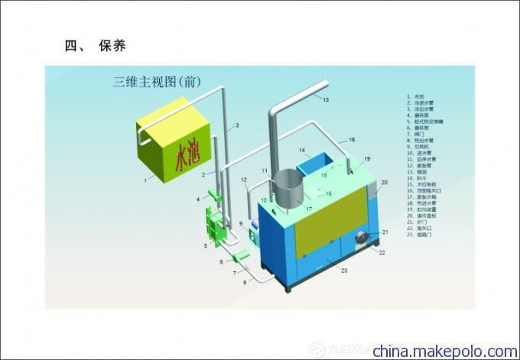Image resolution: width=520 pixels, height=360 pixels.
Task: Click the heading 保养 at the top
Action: [x=112, y=46]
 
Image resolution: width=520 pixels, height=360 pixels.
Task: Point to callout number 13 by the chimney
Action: [x=325, y=100]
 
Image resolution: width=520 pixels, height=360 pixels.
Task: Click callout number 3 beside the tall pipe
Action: [x=237, y=125]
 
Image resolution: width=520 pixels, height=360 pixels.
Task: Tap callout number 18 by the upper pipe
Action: [x=352, y=140]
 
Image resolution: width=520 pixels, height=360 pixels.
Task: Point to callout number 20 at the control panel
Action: [x=385, y=183]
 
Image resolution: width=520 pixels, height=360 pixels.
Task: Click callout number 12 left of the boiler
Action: [x=244, y=181]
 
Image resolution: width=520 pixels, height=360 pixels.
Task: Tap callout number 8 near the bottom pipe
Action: [x=245, y=282]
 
